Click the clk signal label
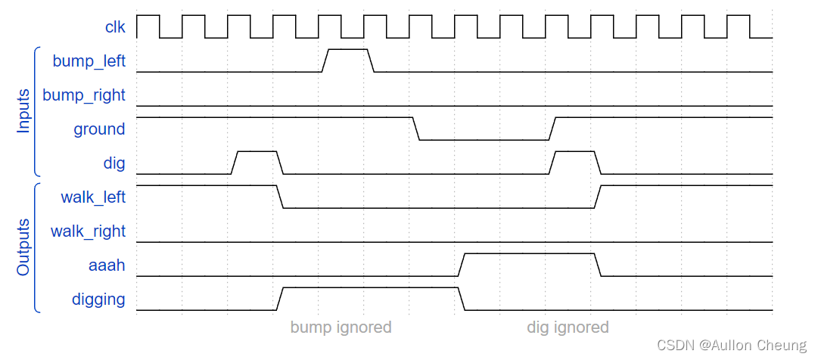[x=115, y=27]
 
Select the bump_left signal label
[x=89, y=61]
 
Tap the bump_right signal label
[x=84, y=95]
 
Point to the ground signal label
[x=99, y=129]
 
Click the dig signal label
[x=114, y=163]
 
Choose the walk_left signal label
[x=93, y=197]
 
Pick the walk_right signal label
[x=88, y=231]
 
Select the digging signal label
[x=98, y=299]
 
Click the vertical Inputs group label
[x=23, y=111]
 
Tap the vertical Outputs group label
[x=23, y=247]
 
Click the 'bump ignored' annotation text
[x=341, y=327]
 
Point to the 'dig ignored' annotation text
[x=568, y=327]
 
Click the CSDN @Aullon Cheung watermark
[x=731, y=346]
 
